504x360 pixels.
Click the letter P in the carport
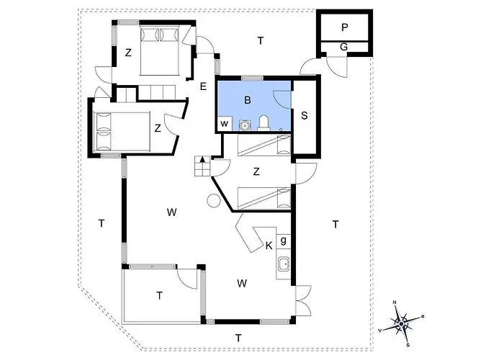(x=345, y=27)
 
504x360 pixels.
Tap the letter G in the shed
(x=343, y=47)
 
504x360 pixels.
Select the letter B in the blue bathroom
(x=247, y=100)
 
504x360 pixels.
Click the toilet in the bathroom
(x=264, y=123)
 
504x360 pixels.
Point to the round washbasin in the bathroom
(x=245, y=125)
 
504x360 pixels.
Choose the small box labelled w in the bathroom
(x=224, y=124)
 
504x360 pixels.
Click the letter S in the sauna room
(x=304, y=115)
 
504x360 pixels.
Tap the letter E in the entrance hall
(x=203, y=86)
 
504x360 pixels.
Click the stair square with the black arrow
(x=202, y=161)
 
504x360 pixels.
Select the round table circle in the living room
(x=213, y=201)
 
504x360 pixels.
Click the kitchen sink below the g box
(x=284, y=265)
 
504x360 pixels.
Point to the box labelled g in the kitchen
(x=284, y=241)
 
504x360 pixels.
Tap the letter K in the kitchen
(x=269, y=246)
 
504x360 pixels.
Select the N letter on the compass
(x=395, y=302)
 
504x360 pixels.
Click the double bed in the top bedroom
(x=159, y=51)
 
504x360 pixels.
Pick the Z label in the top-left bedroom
(x=128, y=53)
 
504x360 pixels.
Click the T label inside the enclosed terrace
(x=159, y=295)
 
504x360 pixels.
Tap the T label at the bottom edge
(x=238, y=338)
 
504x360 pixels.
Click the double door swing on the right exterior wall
(x=304, y=301)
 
